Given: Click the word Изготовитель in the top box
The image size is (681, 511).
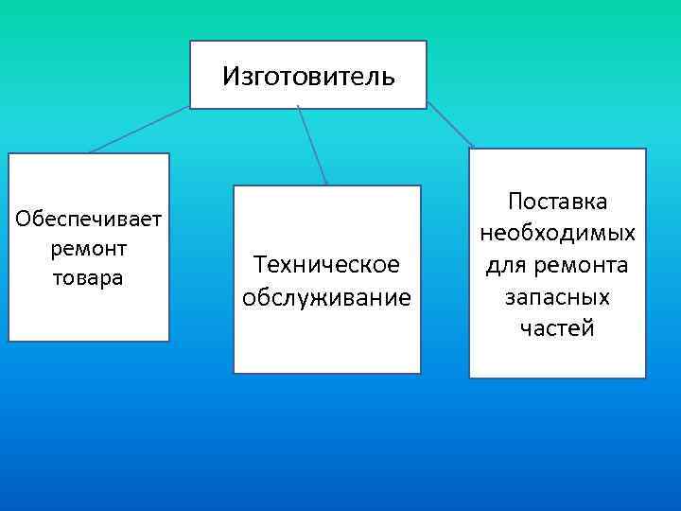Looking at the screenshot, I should click(x=308, y=75).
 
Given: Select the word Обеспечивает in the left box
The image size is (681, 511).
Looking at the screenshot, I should click(x=90, y=220).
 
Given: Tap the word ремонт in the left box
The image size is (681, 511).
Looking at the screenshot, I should click(x=90, y=249).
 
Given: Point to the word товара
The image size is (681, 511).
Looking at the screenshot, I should click(x=90, y=278).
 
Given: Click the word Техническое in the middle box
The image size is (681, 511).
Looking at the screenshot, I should click(x=326, y=266).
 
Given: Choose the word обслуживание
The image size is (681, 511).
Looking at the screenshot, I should click(x=326, y=297).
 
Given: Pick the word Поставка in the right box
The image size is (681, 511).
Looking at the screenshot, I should click(x=557, y=202).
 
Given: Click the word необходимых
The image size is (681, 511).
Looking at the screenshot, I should click(x=557, y=233).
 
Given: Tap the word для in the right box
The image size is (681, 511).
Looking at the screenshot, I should click(x=506, y=266).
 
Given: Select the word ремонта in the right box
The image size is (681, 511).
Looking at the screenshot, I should click(x=577, y=266).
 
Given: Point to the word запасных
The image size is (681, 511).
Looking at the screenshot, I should click(x=557, y=297).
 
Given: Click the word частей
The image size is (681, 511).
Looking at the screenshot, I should click(x=557, y=328).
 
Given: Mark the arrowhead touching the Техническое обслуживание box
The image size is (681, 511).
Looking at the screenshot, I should click(x=326, y=182).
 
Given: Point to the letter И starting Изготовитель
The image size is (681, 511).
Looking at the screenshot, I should click(x=230, y=75).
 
